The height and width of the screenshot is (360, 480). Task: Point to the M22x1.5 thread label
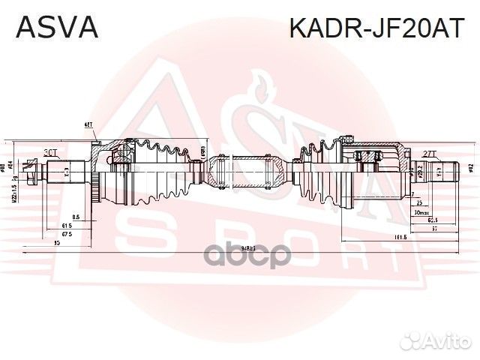[x=14, y=188]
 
